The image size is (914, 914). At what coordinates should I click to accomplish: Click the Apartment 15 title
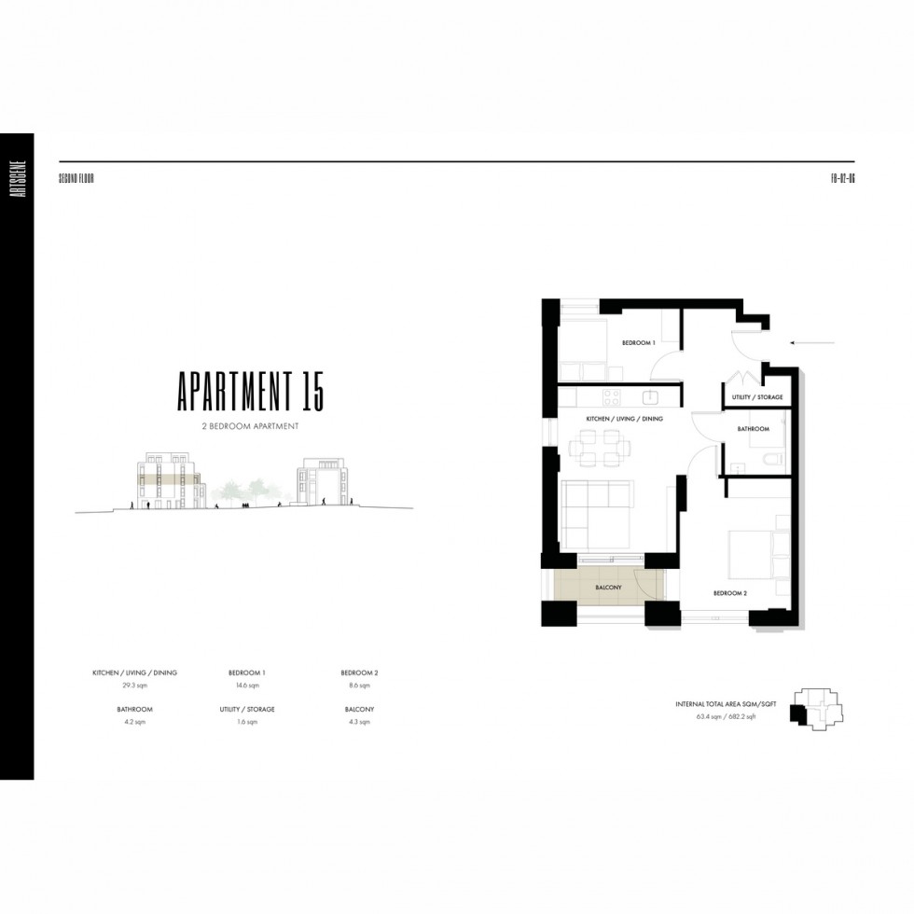click(x=251, y=391)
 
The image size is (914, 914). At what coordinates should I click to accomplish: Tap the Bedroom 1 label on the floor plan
click(x=640, y=343)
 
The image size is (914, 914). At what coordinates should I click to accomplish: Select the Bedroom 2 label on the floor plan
click(x=730, y=593)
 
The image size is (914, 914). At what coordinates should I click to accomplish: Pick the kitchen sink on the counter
click(x=649, y=396)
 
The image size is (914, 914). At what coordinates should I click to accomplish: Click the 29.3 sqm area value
click(x=134, y=685)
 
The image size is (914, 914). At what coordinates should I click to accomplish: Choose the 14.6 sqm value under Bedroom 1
click(x=247, y=685)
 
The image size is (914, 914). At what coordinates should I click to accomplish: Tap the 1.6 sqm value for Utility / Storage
click(x=247, y=722)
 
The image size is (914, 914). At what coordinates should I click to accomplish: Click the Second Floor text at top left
click(x=76, y=177)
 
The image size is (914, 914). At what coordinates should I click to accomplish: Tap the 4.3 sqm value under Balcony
click(x=359, y=722)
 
